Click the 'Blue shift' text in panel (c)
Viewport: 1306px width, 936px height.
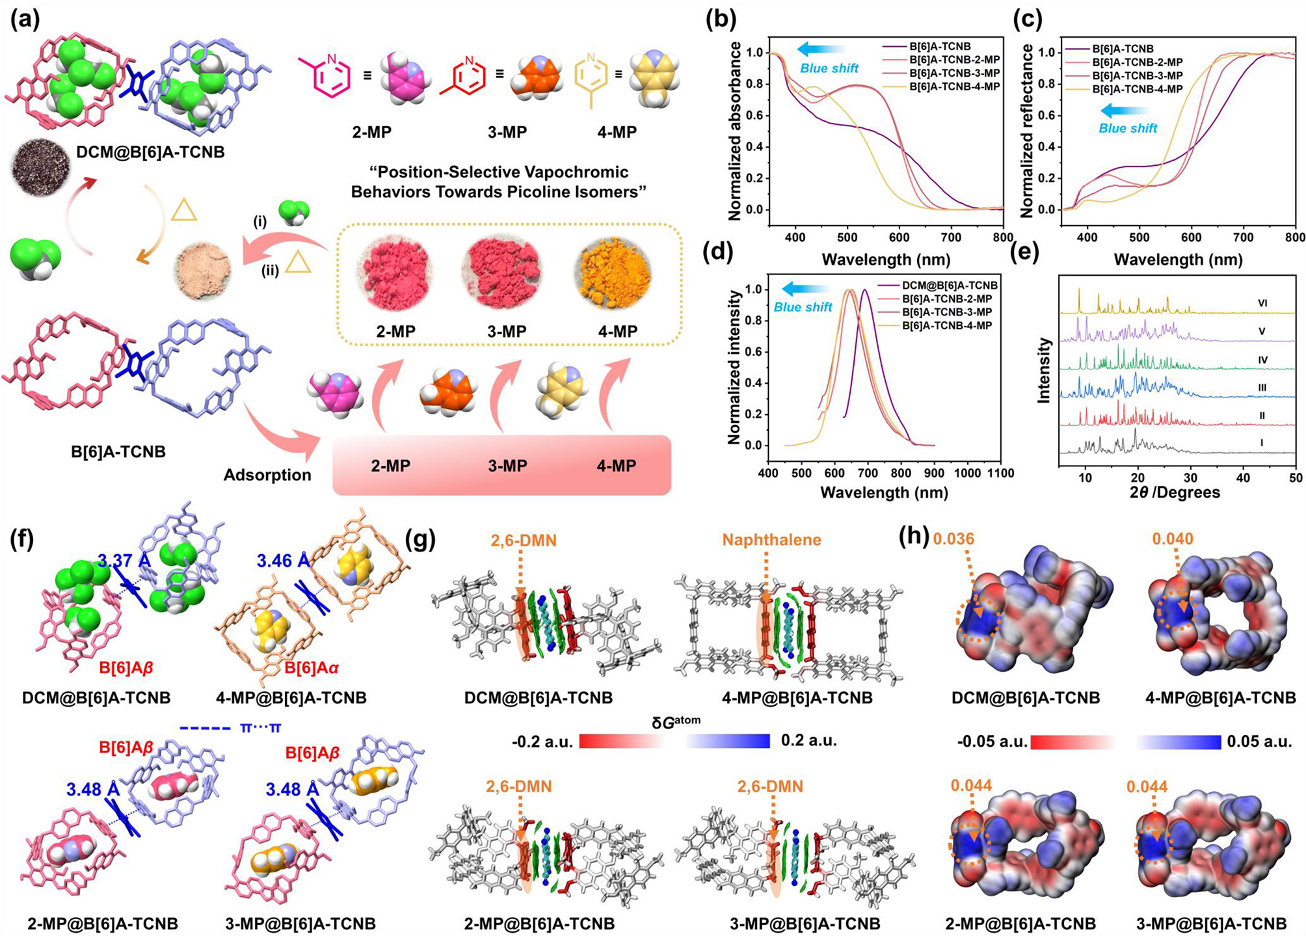point(1128,128)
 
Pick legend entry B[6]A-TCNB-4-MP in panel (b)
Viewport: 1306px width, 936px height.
point(954,87)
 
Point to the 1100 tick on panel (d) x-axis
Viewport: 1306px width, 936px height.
point(998,473)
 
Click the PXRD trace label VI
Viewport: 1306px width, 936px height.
point(1262,303)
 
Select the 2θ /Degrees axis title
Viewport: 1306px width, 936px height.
point(1175,492)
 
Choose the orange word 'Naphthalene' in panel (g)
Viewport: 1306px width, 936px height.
point(771,539)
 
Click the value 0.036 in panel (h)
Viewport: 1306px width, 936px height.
point(953,539)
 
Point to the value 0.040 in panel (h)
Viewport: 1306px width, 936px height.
point(1173,539)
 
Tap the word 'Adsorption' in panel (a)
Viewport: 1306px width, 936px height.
point(267,475)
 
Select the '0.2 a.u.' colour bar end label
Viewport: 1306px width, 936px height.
point(808,740)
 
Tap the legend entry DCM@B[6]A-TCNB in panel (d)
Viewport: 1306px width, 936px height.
point(949,286)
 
